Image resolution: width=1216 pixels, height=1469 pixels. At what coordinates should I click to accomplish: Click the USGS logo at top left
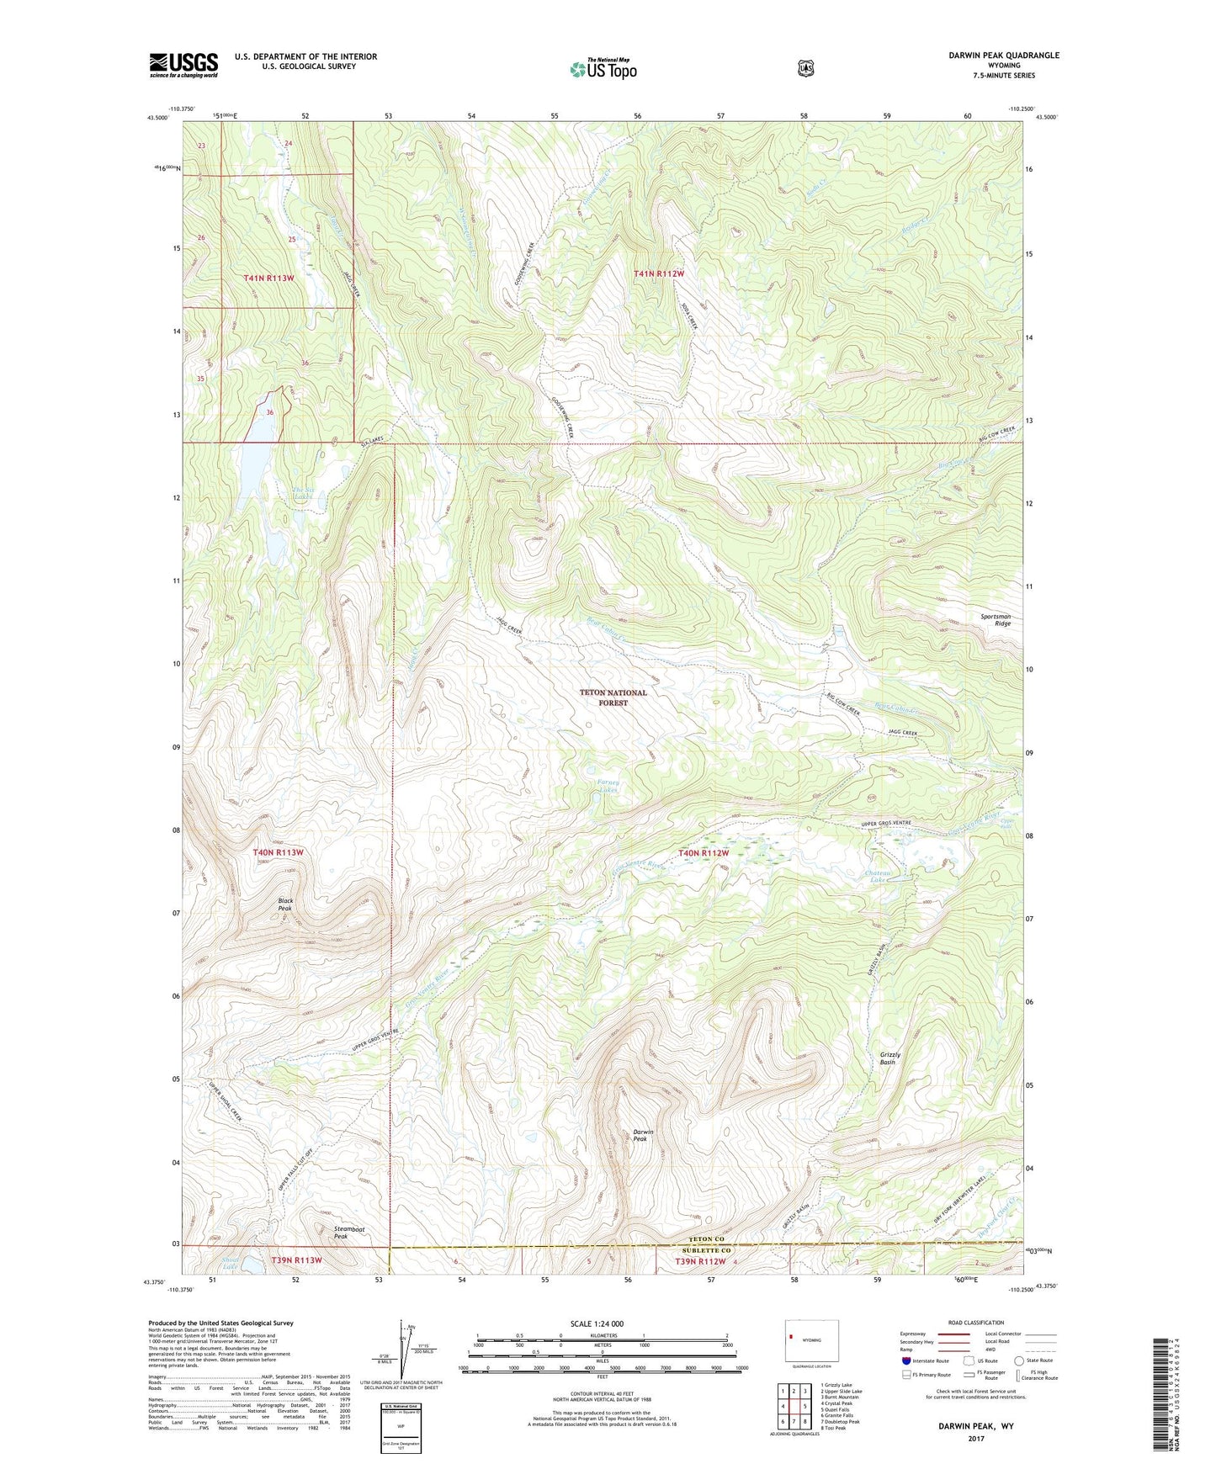click(183, 65)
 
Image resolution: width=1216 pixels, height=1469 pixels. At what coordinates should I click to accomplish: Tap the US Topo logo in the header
click(603, 69)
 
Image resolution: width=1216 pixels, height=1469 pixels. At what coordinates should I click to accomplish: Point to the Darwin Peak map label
click(643, 1136)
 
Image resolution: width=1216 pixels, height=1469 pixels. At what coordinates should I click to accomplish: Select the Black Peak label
click(285, 904)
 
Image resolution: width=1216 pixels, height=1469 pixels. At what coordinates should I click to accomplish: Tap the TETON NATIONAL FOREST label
click(613, 697)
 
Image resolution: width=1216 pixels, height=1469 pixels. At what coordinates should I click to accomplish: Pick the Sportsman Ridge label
click(996, 619)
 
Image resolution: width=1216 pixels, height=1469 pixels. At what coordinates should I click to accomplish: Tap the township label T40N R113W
click(278, 852)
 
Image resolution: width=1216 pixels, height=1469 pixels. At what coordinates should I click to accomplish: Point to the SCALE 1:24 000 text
click(597, 1323)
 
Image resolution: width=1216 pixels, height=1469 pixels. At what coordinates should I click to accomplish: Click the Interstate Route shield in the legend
click(905, 1360)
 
